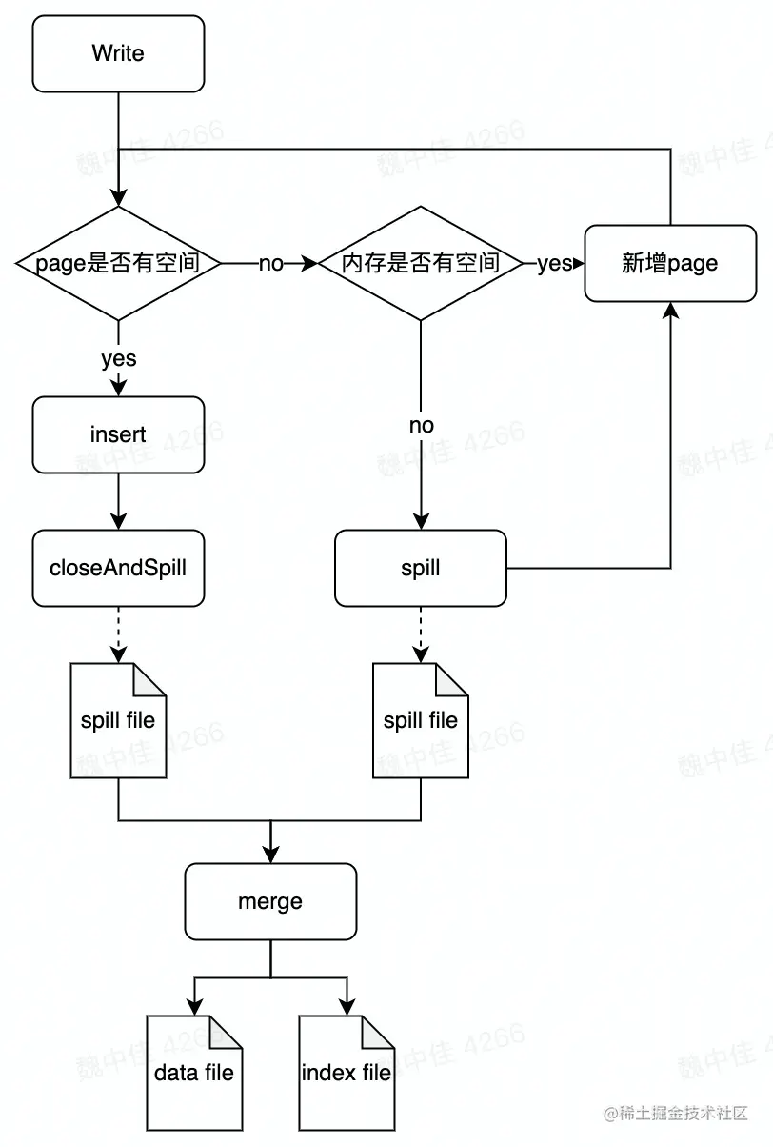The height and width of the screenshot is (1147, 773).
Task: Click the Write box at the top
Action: (118, 53)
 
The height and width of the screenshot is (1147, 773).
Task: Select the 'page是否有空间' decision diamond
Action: (118, 263)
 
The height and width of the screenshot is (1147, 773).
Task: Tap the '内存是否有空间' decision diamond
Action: (421, 263)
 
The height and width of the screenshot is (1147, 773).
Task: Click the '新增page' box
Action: (670, 263)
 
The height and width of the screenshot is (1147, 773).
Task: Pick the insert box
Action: (118, 434)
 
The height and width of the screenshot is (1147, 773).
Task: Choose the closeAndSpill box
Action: (118, 568)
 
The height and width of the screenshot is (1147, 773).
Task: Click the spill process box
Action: (421, 568)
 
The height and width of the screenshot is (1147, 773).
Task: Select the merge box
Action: (270, 901)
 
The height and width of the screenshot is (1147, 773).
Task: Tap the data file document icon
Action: (194, 1073)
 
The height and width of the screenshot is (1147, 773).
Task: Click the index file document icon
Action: (347, 1073)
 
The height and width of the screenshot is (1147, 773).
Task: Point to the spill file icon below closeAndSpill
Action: (118, 720)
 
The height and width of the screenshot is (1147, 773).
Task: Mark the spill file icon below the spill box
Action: (421, 720)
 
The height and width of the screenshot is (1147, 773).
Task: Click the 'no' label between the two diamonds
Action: (271, 264)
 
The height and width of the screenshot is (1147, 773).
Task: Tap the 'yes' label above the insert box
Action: (118, 359)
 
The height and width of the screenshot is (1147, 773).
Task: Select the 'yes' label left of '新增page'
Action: (553, 264)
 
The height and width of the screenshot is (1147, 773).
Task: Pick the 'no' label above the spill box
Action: (421, 426)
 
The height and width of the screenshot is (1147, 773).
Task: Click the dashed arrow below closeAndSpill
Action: (118, 634)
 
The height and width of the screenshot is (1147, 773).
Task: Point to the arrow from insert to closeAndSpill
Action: (118, 501)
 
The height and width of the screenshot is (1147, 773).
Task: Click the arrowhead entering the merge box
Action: (270, 855)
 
